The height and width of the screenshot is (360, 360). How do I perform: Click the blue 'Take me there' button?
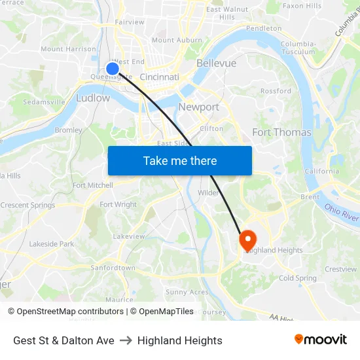180,160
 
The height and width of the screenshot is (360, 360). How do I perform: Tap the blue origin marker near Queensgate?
113,68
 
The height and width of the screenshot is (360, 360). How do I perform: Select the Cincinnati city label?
159,77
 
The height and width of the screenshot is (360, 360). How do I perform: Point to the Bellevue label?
216,63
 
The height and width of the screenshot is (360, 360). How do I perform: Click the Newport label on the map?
198,107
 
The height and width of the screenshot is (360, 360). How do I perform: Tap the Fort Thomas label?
281,132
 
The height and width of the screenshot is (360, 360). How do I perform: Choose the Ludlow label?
93,98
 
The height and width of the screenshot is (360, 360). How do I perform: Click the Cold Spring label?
297,278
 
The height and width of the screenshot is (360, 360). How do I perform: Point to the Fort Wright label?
118,205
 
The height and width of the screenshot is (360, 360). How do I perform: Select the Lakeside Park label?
52,244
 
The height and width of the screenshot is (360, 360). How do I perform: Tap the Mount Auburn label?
177,41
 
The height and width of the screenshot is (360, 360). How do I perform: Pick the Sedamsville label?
44,102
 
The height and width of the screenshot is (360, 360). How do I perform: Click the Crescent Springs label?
27,206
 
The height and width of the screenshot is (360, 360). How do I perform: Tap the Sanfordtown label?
113,268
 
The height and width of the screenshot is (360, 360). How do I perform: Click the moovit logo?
321,339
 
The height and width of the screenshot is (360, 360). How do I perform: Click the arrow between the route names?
126,340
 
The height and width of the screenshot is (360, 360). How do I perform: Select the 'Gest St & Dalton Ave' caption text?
63,340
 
